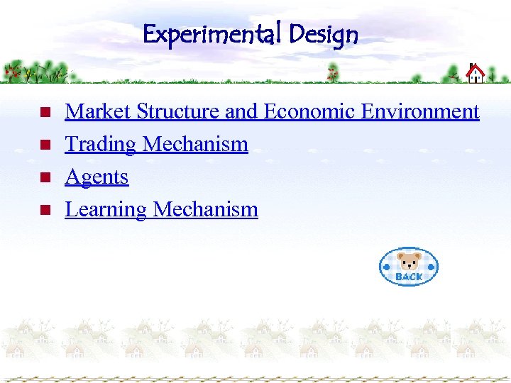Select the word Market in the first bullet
pyautogui.click(x=98, y=112)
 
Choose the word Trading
pyautogui.click(x=100, y=145)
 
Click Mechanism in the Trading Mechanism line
pyautogui.click(x=195, y=145)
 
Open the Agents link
pyautogui.click(x=97, y=177)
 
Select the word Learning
pyautogui.click(x=106, y=210)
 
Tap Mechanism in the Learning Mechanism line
pyautogui.click(x=206, y=210)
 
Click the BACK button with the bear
pyautogui.click(x=409, y=267)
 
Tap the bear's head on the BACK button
pyautogui.click(x=408, y=260)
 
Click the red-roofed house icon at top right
pyautogui.click(x=475, y=72)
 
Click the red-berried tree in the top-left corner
pyautogui.click(x=12, y=71)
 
